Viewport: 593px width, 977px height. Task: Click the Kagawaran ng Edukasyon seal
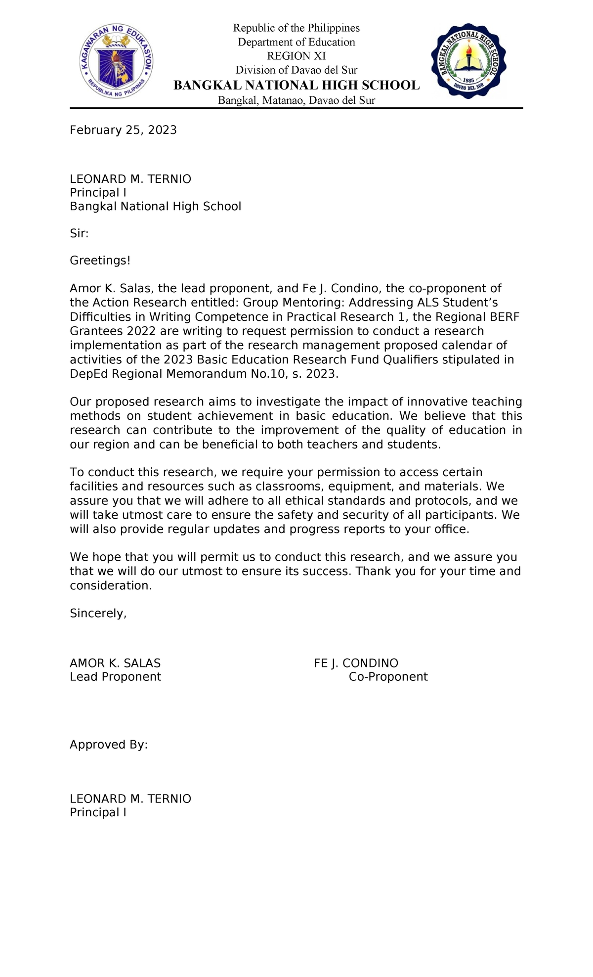pos(116,62)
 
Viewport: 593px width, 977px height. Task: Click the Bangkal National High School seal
pos(468,61)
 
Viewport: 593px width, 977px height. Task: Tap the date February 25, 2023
pos(123,130)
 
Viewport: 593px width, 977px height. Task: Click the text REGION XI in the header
pos(296,56)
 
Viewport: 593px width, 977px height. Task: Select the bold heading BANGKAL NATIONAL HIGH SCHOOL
pos(296,86)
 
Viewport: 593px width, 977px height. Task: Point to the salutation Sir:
pos(79,233)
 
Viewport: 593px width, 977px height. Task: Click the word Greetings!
pos(100,261)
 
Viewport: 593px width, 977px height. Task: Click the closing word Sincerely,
pos(98,614)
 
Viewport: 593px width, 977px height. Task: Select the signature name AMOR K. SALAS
pos(115,664)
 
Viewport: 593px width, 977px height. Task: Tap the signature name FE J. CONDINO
pos(356,664)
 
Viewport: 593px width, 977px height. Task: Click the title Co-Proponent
pos(388,677)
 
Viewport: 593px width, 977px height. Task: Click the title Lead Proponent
pos(115,677)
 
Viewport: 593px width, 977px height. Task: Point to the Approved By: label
pos(109,745)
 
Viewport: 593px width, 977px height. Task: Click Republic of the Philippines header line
pos(296,28)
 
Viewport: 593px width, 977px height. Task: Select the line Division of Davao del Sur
pos(296,70)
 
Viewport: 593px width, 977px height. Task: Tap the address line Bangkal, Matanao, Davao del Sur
pos(296,101)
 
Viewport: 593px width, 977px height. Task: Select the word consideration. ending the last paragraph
pos(111,586)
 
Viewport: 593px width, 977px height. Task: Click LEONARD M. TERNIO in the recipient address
pos(130,179)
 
